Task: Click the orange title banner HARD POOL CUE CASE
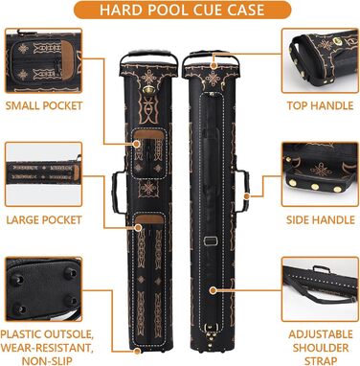tap(182, 10)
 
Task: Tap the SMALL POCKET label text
tap(44, 105)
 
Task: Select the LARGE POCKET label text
tap(44, 219)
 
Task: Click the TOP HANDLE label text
tap(320, 105)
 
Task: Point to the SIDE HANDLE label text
tap(321, 219)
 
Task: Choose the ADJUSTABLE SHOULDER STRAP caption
tap(321, 348)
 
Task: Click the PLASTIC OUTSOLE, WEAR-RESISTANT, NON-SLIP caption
tap(47, 348)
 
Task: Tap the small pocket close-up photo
tap(44, 60)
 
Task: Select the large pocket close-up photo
tap(44, 174)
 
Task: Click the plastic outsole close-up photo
tap(44, 289)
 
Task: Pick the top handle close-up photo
tap(320, 60)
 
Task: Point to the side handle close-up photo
tap(320, 174)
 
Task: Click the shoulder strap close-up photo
tap(320, 289)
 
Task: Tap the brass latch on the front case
tap(147, 90)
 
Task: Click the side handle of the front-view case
tap(117, 193)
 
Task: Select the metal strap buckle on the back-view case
tap(211, 240)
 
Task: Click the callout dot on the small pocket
tap(137, 144)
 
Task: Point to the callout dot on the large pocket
tap(138, 228)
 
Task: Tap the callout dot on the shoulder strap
tap(214, 290)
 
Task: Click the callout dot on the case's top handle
tap(214, 65)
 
